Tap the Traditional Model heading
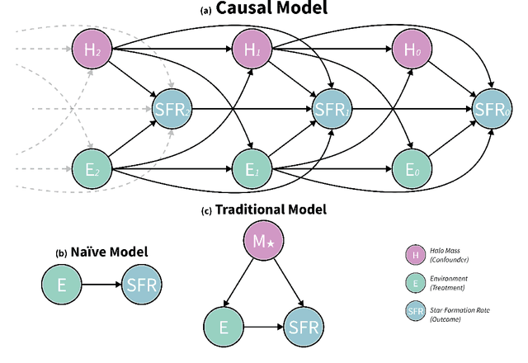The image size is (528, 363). [x=269, y=210]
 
